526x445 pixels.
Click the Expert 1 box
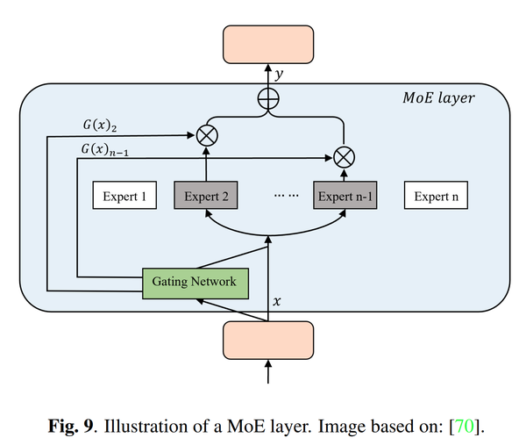pyautogui.click(x=124, y=196)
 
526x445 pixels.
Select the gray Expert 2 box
pyautogui.click(x=207, y=196)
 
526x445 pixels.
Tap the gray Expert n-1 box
pyautogui.click(x=345, y=196)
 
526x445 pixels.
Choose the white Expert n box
pyautogui.click(x=436, y=196)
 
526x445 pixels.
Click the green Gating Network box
pyautogui.click(x=195, y=282)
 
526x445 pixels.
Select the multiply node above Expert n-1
pyautogui.click(x=345, y=158)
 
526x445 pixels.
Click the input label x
pyautogui.click(x=278, y=300)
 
